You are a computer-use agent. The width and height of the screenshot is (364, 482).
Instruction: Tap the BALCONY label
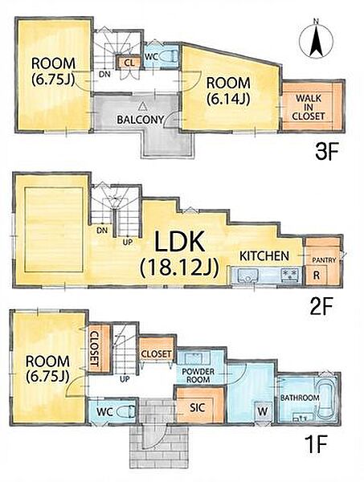click(x=140, y=120)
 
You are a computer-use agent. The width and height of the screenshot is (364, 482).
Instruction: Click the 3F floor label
click(x=326, y=152)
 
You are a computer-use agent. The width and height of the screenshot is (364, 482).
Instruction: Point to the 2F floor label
click(x=321, y=307)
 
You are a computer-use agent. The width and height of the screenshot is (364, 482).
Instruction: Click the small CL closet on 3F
click(x=129, y=63)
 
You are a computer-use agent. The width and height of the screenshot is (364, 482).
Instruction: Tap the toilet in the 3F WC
click(x=169, y=56)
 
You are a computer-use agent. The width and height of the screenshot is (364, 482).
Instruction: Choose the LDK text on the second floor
click(x=179, y=242)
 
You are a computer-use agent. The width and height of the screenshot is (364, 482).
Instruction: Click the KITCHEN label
click(x=264, y=255)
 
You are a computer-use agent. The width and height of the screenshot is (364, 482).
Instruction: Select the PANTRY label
click(x=324, y=260)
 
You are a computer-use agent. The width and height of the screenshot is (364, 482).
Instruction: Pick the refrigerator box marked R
click(x=317, y=275)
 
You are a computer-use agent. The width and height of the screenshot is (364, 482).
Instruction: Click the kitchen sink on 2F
click(x=245, y=275)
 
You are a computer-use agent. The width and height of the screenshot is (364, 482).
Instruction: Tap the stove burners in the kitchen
click(x=290, y=273)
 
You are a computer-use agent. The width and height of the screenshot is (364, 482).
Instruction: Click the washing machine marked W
click(x=263, y=412)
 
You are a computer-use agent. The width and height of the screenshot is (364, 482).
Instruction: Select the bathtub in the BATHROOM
click(x=325, y=398)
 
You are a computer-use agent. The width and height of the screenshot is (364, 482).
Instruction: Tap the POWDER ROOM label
click(x=198, y=375)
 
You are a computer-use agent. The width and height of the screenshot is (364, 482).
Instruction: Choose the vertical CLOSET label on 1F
click(x=96, y=349)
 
